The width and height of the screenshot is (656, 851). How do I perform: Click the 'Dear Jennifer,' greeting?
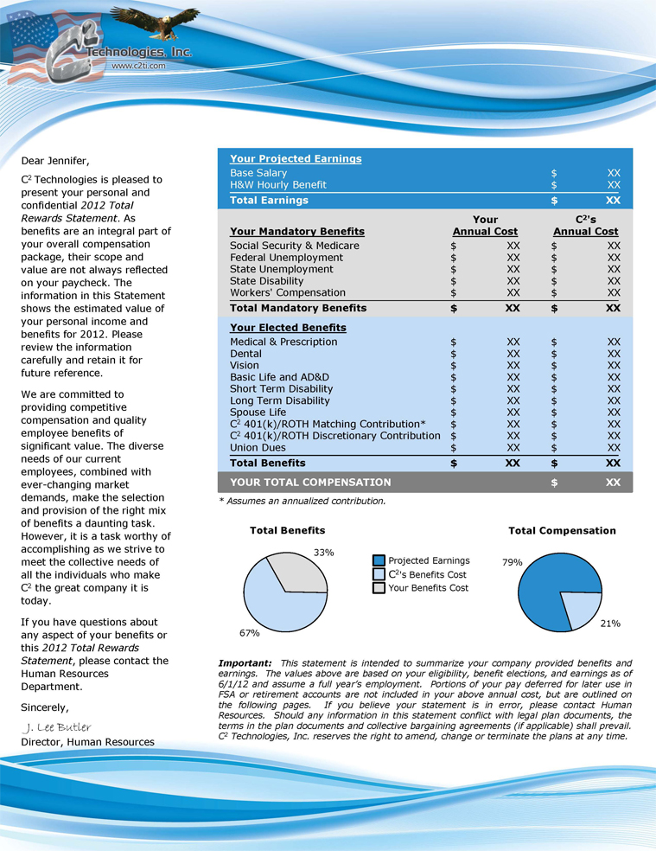(x=55, y=161)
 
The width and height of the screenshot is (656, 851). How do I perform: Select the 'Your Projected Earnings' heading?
(x=296, y=159)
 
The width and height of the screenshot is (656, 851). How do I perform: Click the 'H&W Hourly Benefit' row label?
(x=278, y=185)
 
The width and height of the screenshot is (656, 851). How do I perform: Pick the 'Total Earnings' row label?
(x=269, y=201)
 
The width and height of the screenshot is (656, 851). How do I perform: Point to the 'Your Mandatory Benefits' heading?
(x=297, y=232)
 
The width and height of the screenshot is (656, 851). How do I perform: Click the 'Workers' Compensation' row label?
(x=288, y=292)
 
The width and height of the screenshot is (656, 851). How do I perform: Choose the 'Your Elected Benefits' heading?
(x=288, y=328)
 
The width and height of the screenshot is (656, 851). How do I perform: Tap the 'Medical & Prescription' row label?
(x=283, y=342)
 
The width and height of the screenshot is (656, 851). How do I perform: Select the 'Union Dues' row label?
(x=259, y=447)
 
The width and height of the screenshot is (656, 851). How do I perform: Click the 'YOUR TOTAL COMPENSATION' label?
(x=310, y=483)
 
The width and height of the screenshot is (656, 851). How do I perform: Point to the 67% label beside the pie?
(x=250, y=632)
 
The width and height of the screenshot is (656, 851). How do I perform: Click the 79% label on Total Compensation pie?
(x=513, y=562)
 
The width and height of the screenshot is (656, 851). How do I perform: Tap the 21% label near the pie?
(x=610, y=623)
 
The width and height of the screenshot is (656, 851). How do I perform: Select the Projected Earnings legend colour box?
(x=379, y=560)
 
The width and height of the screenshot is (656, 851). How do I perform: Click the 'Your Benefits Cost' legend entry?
(x=429, y=588)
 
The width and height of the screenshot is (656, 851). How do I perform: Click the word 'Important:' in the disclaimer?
(x=246, y=662)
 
